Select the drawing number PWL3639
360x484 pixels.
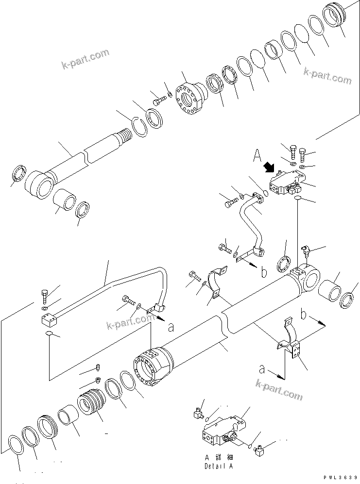tap(338, 477)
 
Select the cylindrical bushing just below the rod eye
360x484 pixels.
tap(64, 200)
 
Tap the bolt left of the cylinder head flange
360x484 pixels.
tap(158, 101)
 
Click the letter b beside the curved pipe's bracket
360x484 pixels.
tap(263, 273)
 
